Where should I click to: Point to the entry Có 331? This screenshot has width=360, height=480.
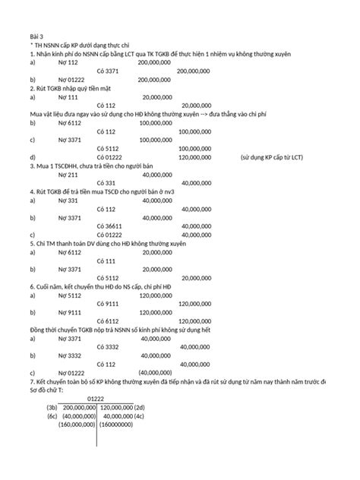pos(106,182)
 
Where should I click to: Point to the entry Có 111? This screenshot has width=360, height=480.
pos(106,260)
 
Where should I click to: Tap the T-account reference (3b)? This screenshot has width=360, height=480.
pos(52,407)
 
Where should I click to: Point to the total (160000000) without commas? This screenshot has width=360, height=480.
pos(121,425)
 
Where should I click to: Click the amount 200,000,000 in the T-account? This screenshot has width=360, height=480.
pos(79,407)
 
